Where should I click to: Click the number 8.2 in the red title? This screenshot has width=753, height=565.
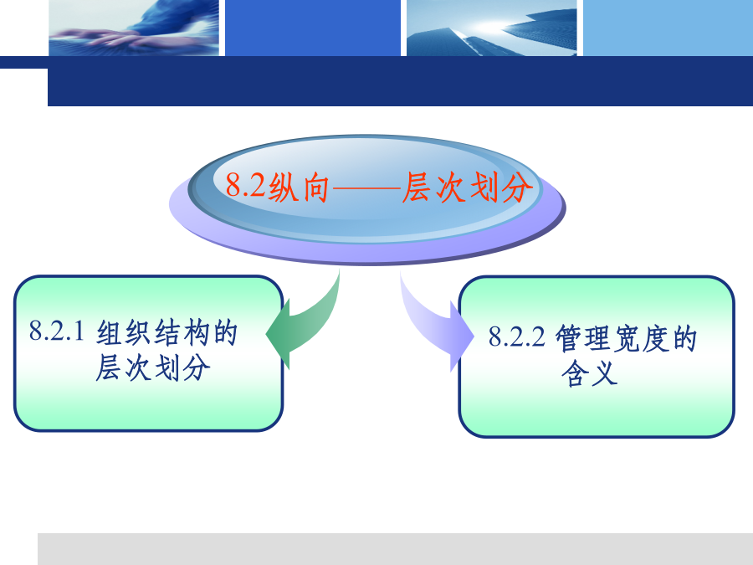click(245, 185)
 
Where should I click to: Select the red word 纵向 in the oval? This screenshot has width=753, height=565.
click(298, 187)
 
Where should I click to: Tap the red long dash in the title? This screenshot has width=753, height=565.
click(366, 188)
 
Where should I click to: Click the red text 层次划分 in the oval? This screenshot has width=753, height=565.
click(467, 187)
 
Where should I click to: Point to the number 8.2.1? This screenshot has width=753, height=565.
click(57, 331)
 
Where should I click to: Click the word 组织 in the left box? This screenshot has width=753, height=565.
click(124, 332)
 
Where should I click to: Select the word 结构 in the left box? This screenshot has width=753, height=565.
click(181, 332)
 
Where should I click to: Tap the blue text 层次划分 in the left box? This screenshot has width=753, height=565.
click(153, 367)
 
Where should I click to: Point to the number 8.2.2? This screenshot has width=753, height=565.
click(517, 336)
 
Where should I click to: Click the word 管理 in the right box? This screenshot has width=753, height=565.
click(583, 338)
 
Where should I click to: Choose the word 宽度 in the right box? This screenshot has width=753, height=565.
click(641, 338)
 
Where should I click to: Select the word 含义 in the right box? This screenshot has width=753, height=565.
click(589, 373)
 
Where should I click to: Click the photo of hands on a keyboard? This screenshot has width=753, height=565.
click(134, 28)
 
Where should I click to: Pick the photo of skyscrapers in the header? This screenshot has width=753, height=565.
click(491, 28)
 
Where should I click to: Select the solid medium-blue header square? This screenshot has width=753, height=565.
click(313, 28)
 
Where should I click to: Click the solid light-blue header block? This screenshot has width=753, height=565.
click(668, 28)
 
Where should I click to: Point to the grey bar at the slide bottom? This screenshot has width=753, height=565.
click(395, 548)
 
